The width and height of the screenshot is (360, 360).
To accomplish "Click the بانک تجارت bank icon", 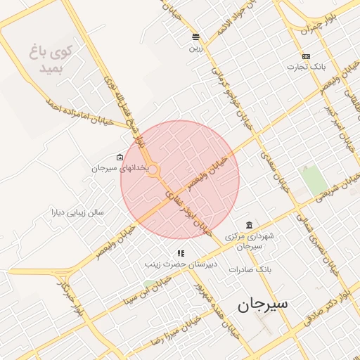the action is [306, 56].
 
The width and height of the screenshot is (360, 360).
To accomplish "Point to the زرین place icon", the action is [195, 37].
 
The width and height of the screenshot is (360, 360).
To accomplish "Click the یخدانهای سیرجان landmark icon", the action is [120, 157].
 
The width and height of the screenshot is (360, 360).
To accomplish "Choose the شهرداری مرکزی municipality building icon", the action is [249, 225].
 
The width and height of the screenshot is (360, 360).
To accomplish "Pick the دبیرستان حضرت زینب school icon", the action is [181, 253].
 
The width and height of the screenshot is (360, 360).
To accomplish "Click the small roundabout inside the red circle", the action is [153, 169].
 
